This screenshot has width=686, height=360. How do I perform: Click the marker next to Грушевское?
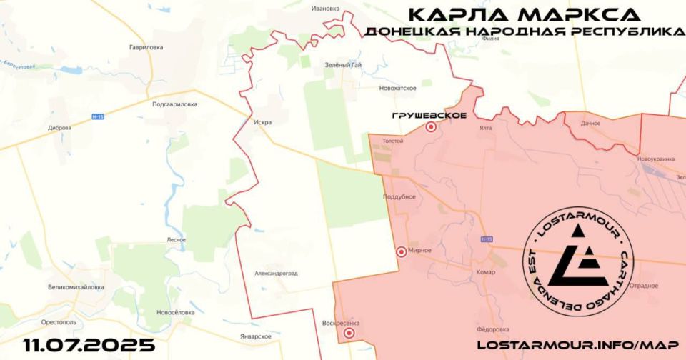(x=431, y=127)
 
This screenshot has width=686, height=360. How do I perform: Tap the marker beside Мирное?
(x=402, y=251)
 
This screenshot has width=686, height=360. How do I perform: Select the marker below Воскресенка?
(x=349, y=333)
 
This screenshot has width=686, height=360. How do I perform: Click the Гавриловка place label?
(x=146, y=47)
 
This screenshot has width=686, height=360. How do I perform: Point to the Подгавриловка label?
(x=174, y=104)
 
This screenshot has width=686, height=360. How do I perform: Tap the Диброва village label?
(x=59, y=128)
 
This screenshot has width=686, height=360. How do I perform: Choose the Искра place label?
(x=262, y=122)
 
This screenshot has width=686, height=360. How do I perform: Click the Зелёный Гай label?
(x=341, y=66)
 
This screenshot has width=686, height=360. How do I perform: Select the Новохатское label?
(x=398, y=88)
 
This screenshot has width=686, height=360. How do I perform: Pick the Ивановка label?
(x=325, y=8)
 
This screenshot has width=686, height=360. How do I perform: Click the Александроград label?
(x=276, y=274)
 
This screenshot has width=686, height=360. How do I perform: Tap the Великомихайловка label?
(x=76, y=287)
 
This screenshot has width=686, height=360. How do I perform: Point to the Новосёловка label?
(x=175, y=312)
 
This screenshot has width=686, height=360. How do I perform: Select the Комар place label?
(x=485, y=272)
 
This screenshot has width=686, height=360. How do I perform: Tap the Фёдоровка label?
(x=492, y=329)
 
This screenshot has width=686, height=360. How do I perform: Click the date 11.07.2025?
(x=89, y=346)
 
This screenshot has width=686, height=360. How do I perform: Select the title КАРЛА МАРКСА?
(x=524, y=14)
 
